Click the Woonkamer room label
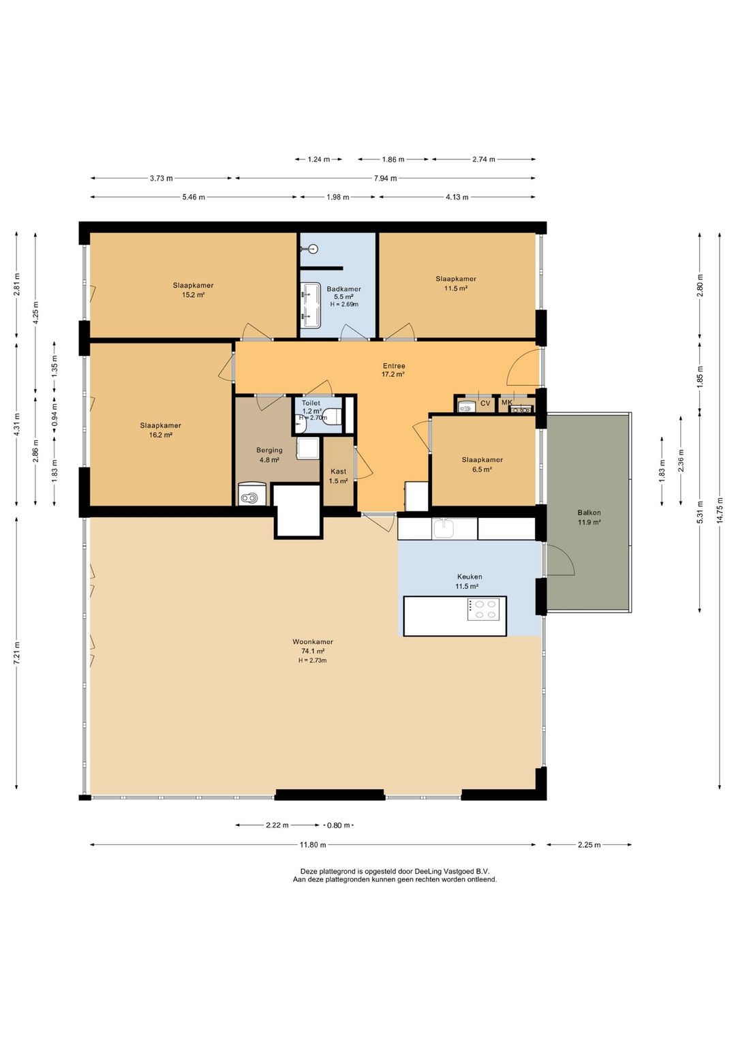click(x=313, y=641)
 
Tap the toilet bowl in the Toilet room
click(x=333, y=416)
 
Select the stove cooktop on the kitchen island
click(x=483, y=609)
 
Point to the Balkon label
click(x=589, y=513)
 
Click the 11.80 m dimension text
click(x=313, y=844)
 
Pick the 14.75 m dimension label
click(x=720, y=510)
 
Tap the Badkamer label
click(x=343, y=289)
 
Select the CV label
click(x=485, y=403)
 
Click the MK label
click(x=506, y=402)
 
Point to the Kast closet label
click(x=339, y=471)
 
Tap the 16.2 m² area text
click(x=161, y=435)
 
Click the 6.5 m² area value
click(x=482, y=470)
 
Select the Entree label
click(x=394, y=366)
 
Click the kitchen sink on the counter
click(x=444, y=528)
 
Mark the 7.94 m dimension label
click(x=386, y=178)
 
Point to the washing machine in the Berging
click(x=253, y=495)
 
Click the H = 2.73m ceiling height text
click(x=313, y=660)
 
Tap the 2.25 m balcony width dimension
click(x=589, y=844)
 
